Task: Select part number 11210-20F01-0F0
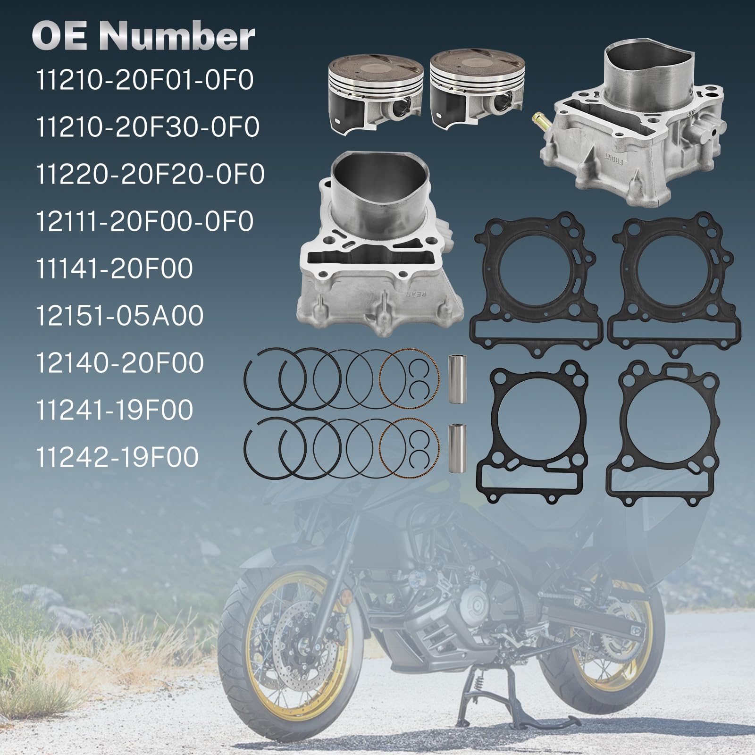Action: [x=144, y=81]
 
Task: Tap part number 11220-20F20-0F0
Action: [x=150, y=175]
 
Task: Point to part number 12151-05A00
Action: [x=119, y=316]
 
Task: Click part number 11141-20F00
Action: [x=114, y=269]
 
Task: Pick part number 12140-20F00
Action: [x=119, y=363]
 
